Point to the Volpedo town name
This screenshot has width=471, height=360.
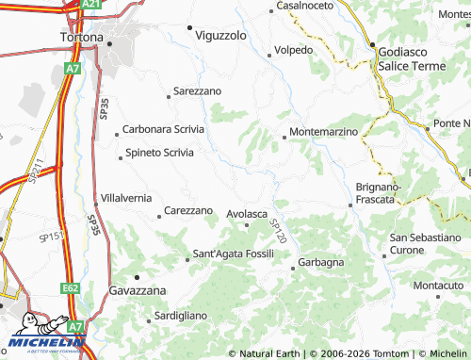[293, 49]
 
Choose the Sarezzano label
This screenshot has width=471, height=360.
[197, 91]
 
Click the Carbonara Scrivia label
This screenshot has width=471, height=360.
[163, 129]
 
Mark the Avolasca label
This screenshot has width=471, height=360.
[248, 214]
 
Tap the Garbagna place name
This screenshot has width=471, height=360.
[320, 262]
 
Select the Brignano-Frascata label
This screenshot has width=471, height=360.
[379, 193]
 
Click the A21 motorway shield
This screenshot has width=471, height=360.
[90, 5]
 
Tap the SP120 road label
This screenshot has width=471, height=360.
[277, 232]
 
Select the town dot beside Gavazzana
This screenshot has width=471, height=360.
[136, 277]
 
